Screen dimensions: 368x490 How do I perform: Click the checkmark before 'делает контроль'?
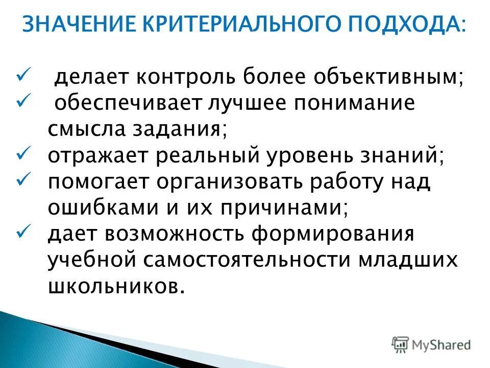click(x=24, y=76)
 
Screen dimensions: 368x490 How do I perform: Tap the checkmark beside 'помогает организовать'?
click(x=24, y=179)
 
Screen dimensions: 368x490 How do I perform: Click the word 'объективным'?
click(x=388, y=78)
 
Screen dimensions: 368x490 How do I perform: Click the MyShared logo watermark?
click(x=431, y=344)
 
